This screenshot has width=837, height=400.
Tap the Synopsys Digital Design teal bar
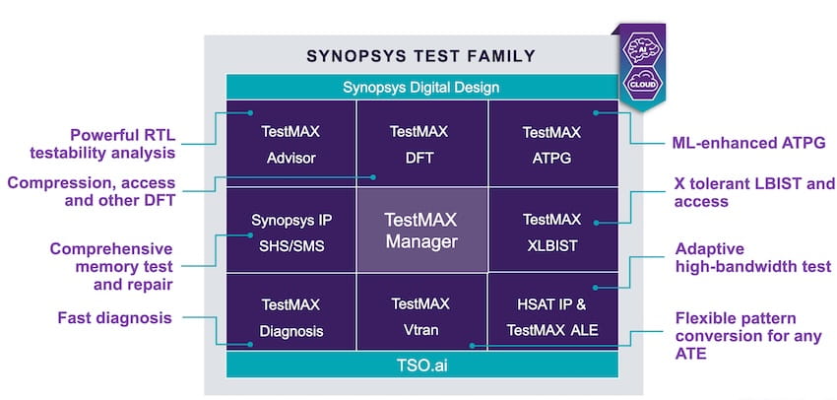[421, 87]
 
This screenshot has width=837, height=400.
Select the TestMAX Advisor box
[290, 143]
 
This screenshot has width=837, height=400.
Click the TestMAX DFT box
[420, 143]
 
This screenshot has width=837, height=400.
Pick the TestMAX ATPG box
[552, 143]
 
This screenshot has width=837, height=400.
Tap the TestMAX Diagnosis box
[290, 316]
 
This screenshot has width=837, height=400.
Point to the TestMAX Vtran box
[420, 316]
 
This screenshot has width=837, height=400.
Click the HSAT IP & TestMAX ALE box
[552, 316]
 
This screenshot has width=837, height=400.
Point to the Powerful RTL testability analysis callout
[109, 144]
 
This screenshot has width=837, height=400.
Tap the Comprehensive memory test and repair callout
[111, 266]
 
